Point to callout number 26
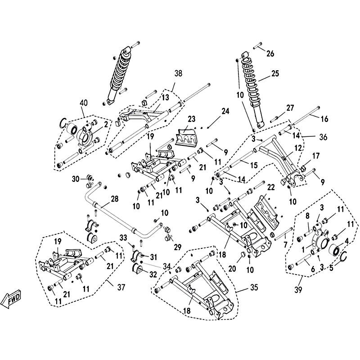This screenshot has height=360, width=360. (270, 54)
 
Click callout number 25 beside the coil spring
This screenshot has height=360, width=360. (275, 73)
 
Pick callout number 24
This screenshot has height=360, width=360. (225, 111)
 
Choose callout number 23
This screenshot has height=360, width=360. (193, 119)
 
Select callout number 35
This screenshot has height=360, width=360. (242, 287)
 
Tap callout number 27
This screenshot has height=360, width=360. (289, 108)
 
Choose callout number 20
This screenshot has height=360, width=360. (232, 268)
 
